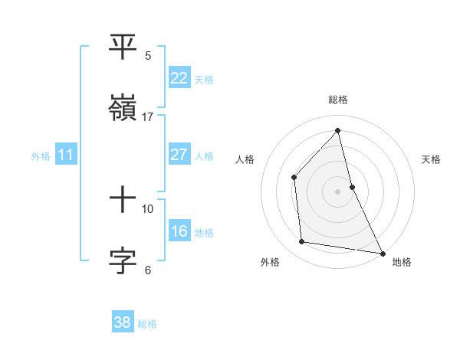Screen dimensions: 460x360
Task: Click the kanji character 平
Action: [123, 47]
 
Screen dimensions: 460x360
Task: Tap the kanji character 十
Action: [123, 200]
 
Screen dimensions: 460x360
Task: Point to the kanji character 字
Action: [123, 260]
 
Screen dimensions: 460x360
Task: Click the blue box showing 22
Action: [179, 78]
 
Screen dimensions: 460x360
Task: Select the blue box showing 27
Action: [179, 155]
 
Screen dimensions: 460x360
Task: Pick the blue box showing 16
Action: [179, 231]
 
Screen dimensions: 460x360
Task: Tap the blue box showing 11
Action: [65, 155]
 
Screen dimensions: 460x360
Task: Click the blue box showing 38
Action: [123, 322]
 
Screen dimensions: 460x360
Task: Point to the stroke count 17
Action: [148, 117]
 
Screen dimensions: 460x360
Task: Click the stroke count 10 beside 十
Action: [148, 208]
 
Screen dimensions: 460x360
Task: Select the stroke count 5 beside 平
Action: [148, 56]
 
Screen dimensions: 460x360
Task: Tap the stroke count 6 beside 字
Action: [148, 270]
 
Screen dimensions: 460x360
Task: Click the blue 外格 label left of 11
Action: [41, 155]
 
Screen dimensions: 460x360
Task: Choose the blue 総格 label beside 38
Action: [147, 323]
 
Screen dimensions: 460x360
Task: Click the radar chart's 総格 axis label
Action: [338, 100]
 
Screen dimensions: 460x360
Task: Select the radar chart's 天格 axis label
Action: [432, 159]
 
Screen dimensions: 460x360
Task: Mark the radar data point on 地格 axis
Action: [382, 252]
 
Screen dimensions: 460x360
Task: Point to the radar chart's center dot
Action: [338, 191]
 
